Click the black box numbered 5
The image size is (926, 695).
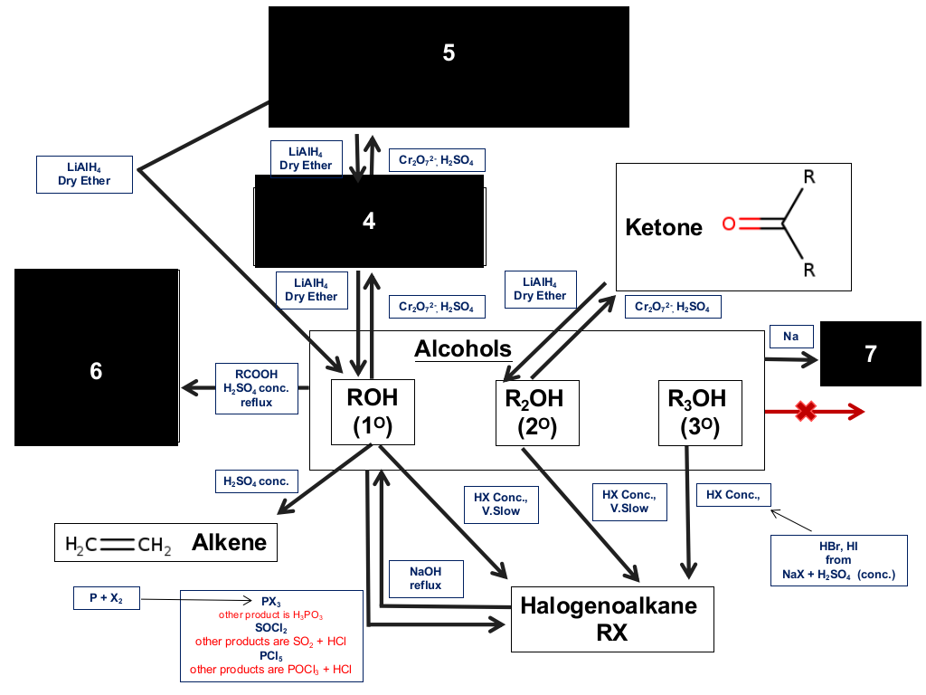[x=449, y=67]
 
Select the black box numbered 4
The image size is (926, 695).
[x=369, y=221]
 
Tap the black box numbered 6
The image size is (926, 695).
[x=96, y=357]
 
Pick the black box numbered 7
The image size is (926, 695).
[x=871, y=354]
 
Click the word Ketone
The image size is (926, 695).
[x=664, y=227]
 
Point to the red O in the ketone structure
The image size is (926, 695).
[x=730, y=224]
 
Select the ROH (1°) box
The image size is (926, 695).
[x=373, y=412]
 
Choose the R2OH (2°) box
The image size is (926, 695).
[x=537, y=413]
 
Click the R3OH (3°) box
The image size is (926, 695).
[x=701, y=413]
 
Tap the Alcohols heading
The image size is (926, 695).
[x=463, y=348]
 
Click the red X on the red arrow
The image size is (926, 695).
[x=806, y=412]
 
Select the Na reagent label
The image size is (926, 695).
[x=791, y=337]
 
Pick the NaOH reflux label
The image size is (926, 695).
[x=426, y=578]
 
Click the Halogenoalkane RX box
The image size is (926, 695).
[x=612, y=619]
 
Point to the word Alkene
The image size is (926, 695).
[x=229, y=543]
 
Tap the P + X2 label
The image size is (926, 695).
[x=107, y=598]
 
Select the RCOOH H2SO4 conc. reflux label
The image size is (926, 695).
[x=256, y=388]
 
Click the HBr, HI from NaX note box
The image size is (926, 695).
[x=838, y=560]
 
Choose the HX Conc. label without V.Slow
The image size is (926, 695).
[x=733, y=495]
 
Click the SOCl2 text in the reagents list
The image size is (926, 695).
[x=271, y=628]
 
